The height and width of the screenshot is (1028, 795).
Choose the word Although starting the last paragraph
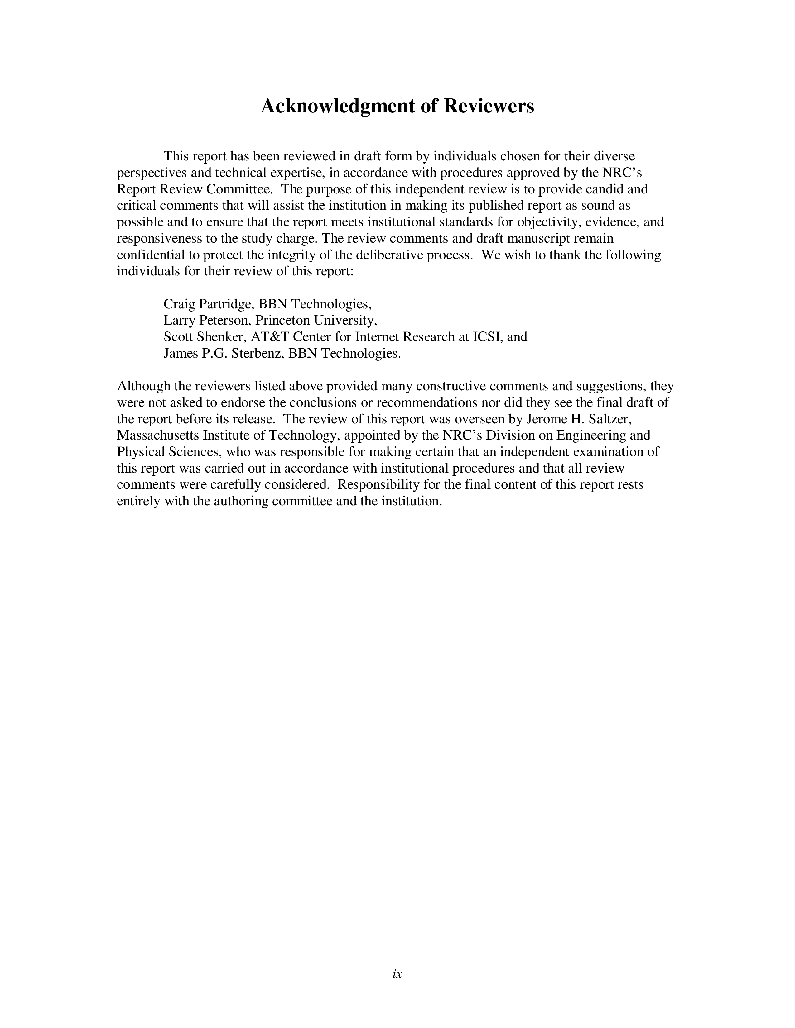point(144,387)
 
